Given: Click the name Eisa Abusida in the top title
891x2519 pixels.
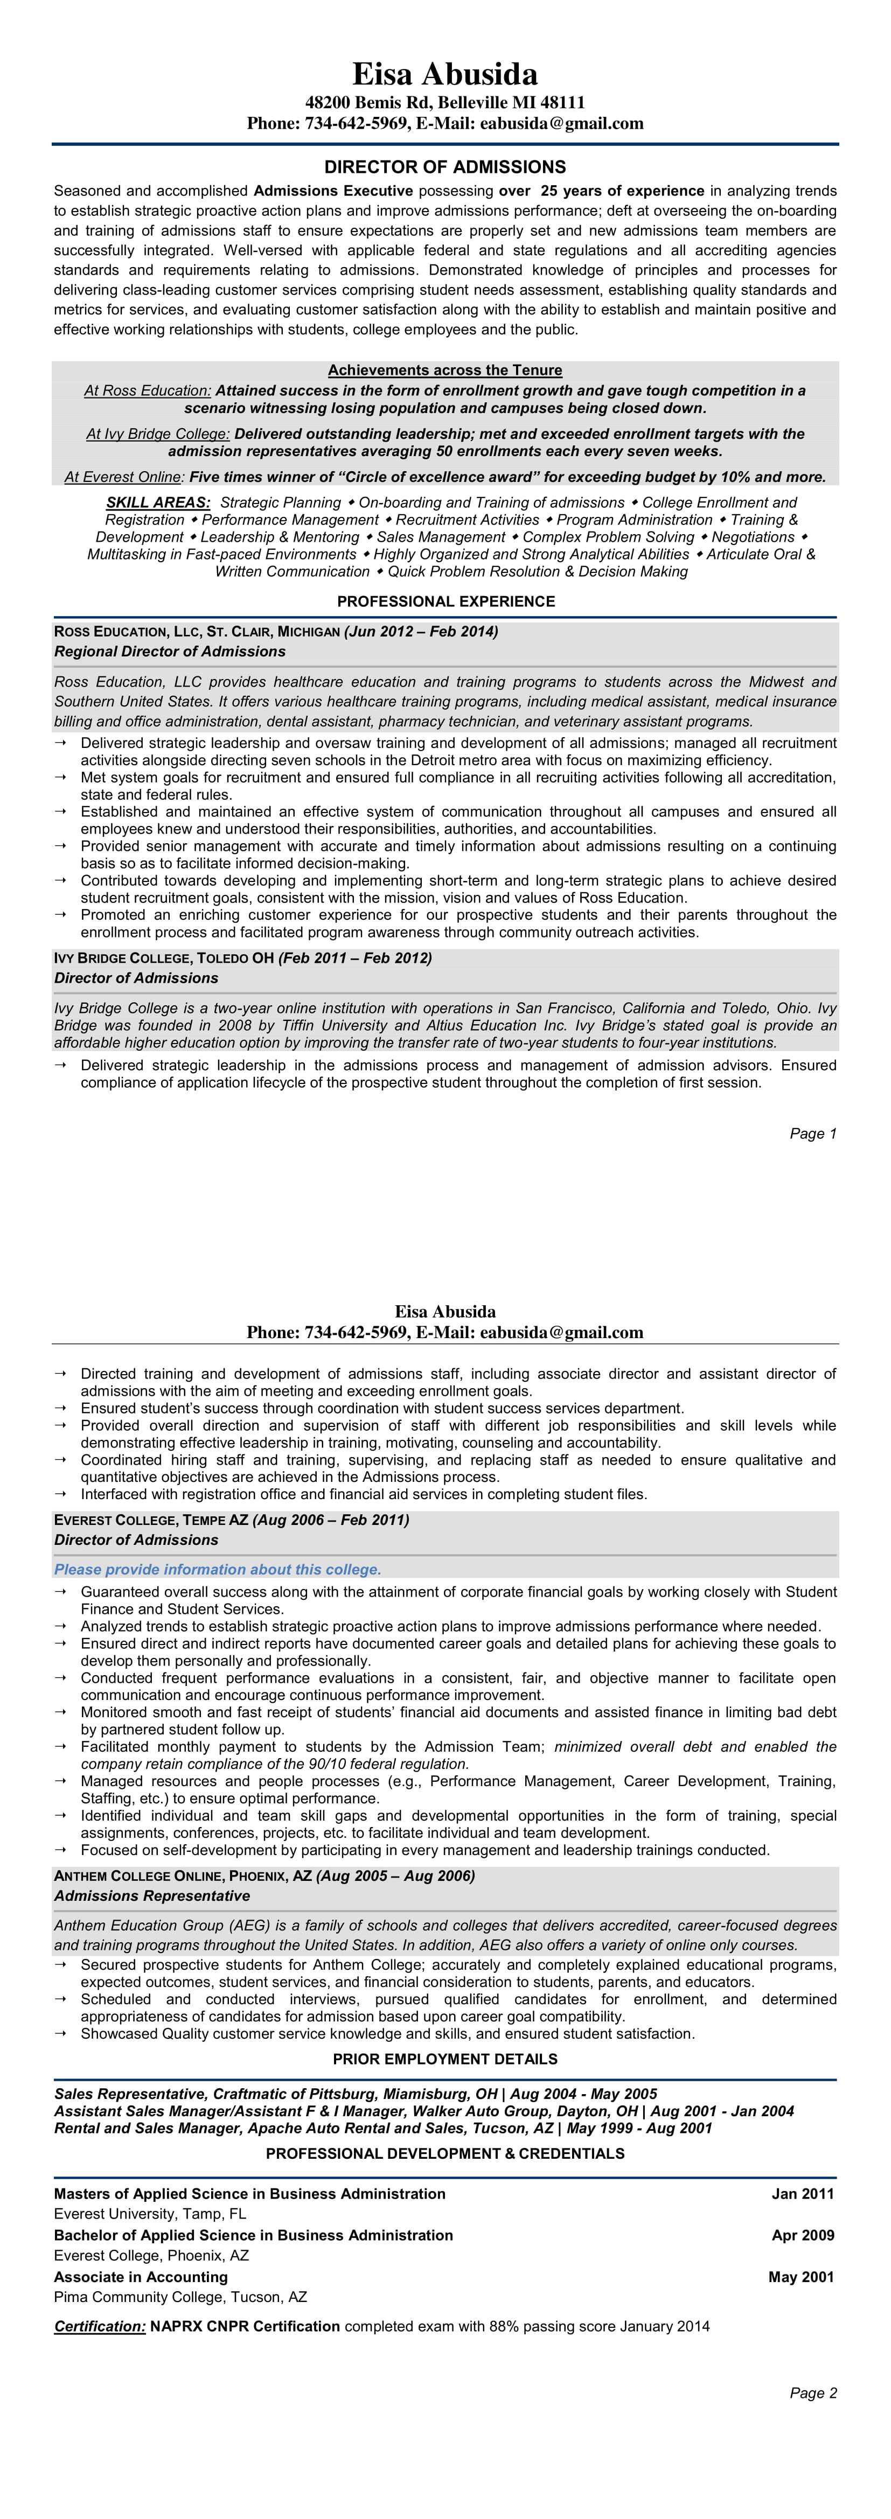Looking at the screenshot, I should tap(445, 74).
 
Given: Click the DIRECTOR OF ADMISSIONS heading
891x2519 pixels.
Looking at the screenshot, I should tap(445, 167).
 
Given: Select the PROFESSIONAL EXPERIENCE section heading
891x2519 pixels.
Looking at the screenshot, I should tap(445, 601).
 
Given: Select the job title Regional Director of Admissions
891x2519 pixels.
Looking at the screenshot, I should tap(170, 651).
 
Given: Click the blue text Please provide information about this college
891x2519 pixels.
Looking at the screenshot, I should tap(217, 1570).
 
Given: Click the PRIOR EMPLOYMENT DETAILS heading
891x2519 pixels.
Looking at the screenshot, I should tap(445, 2059).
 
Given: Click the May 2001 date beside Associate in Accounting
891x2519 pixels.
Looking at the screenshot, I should tap(801, 2277).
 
